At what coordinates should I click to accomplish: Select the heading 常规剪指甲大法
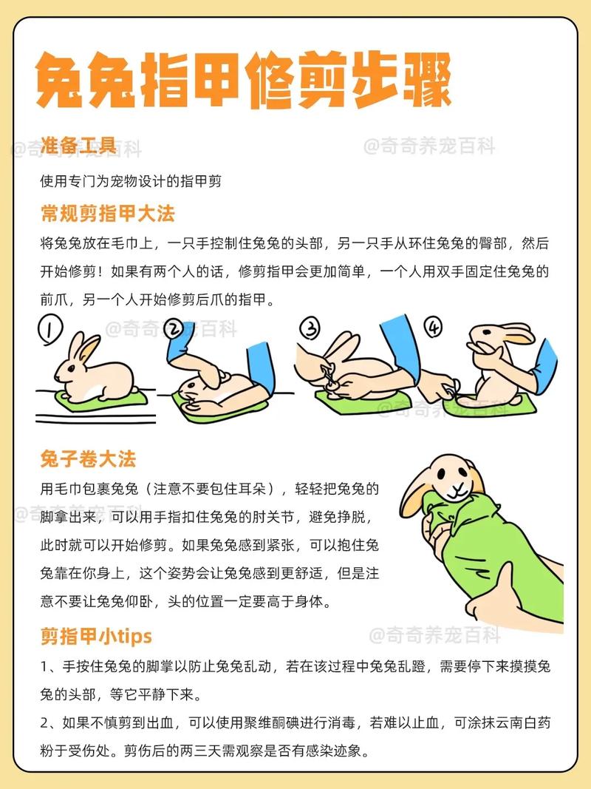[107, 214]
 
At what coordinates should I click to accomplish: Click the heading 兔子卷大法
[88, 458]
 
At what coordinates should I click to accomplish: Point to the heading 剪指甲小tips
[96, 635]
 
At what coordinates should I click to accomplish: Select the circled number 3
[308, 327]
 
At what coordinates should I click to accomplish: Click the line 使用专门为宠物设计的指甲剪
[131, 180]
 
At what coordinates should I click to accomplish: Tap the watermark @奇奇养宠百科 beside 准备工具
[429, 146]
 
